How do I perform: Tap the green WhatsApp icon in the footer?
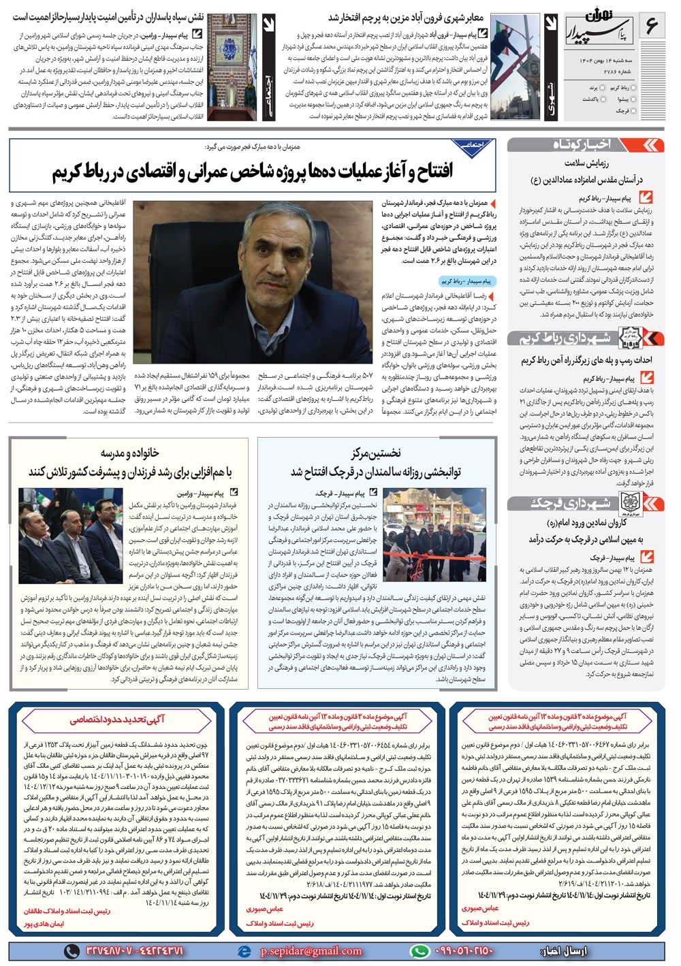[420, 950]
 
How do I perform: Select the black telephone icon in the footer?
[71, 950]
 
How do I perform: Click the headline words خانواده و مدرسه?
[130, 453]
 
